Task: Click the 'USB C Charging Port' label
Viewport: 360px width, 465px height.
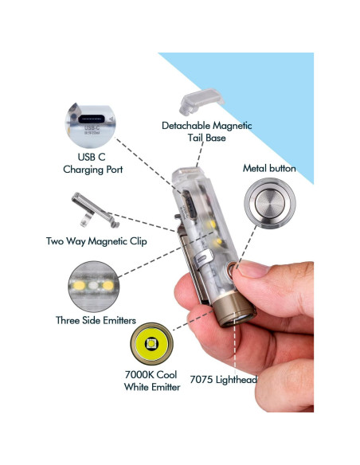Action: point(93,163)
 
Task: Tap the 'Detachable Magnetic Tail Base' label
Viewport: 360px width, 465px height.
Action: point(207,131)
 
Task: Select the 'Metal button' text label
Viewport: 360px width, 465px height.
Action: point(269,169)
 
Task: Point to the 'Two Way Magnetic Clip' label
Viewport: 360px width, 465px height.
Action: point(96,241)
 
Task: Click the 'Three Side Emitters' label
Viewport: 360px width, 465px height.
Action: point(96,320)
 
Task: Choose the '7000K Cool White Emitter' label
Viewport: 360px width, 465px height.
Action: point(152,381)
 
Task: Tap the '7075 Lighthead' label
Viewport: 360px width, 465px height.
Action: point(223,379)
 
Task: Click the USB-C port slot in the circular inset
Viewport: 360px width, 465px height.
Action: point(91,119)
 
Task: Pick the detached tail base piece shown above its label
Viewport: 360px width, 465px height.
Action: point(202,101)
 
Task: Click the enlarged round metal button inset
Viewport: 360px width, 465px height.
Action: point(270,204)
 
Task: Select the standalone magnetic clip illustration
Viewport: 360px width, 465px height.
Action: point(95,209)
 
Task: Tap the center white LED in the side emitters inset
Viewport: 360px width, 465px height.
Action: point(93,286)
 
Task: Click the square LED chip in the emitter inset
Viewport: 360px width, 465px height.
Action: point(151,344)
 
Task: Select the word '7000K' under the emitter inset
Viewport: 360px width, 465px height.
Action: point(139,375)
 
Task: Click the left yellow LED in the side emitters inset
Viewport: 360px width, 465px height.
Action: point(79,286)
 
